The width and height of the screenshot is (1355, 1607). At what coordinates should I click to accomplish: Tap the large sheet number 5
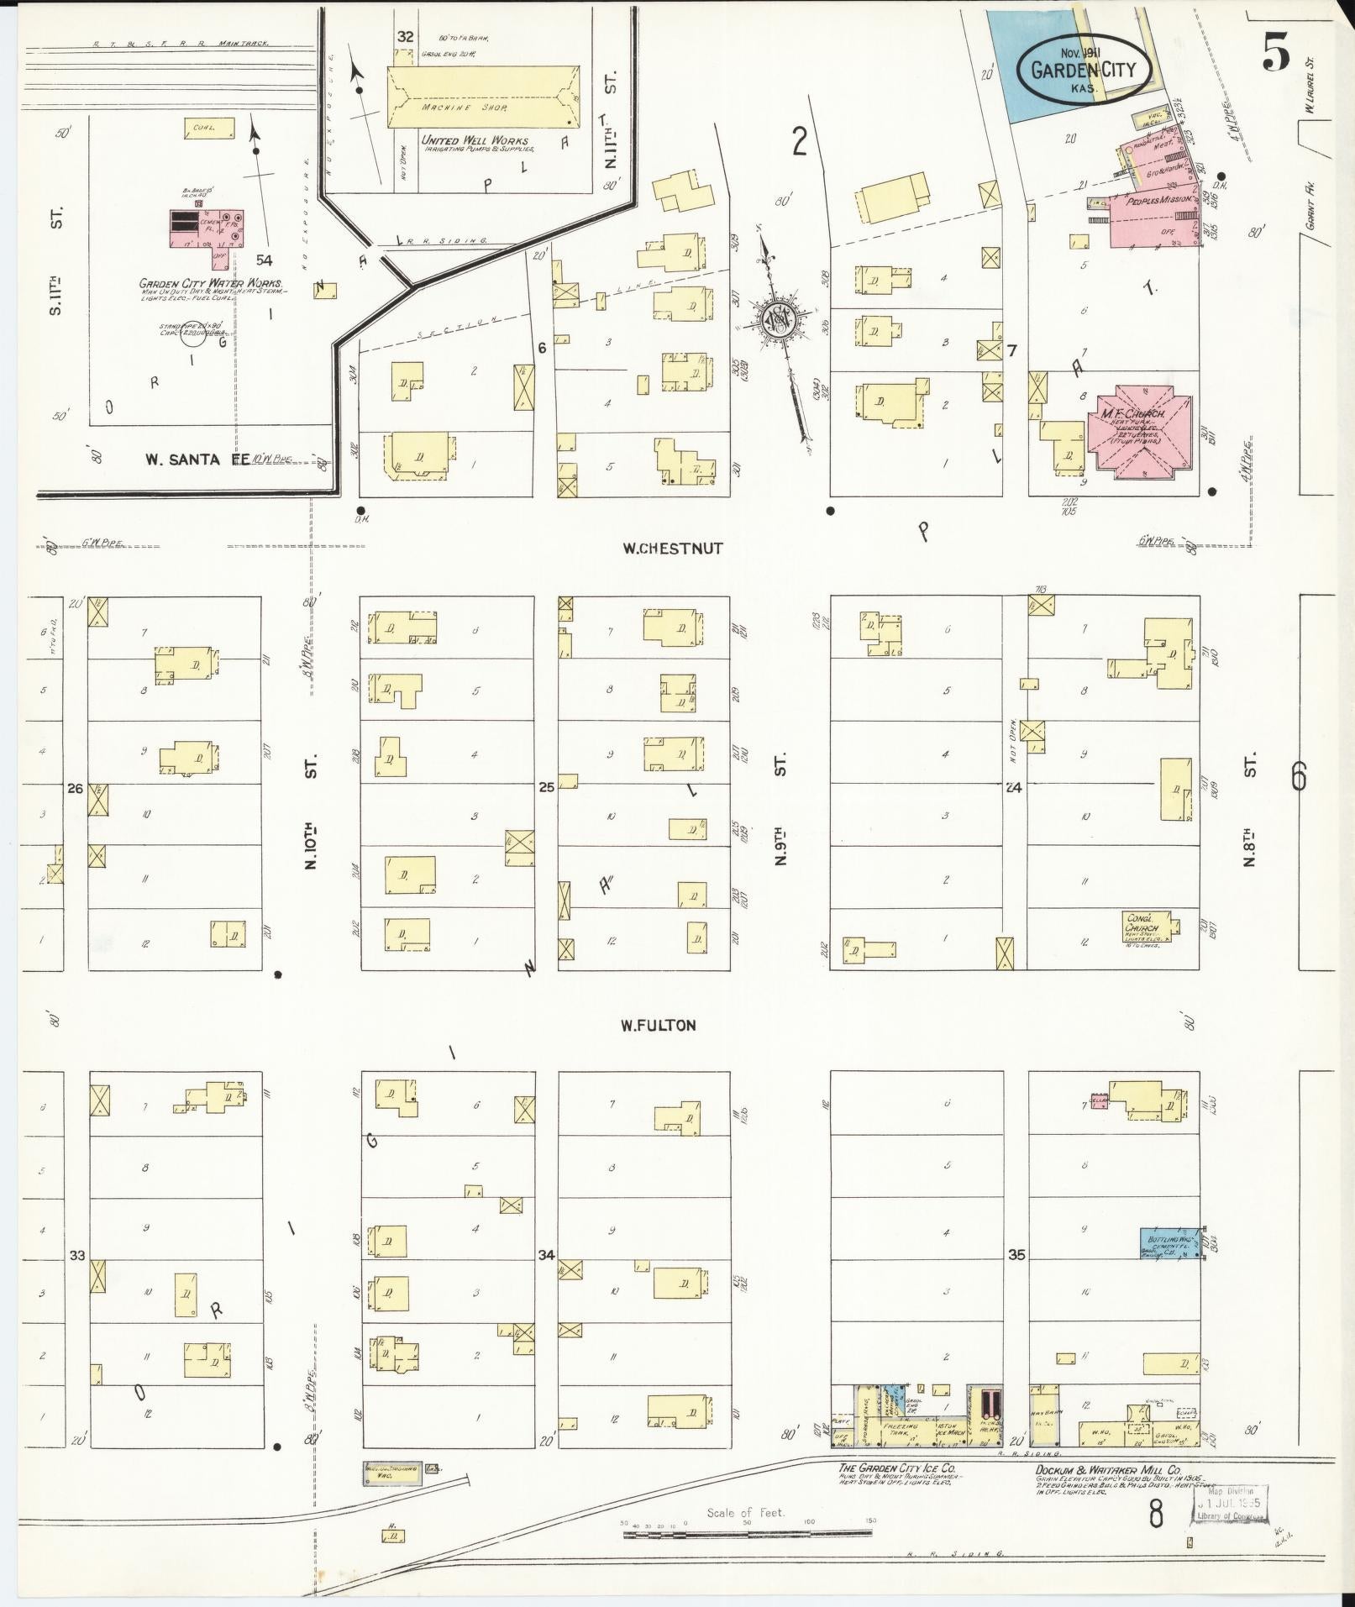(1275, 56)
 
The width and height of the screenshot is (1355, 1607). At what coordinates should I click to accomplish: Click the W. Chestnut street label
(672, 549)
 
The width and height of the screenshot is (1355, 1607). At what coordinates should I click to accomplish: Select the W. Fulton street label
(659, 1025)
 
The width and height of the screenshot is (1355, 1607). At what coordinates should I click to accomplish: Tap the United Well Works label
(475, 140)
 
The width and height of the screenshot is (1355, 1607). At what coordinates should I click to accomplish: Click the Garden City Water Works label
(210, 284)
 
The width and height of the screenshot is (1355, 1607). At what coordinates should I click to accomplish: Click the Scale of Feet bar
(748, 1534)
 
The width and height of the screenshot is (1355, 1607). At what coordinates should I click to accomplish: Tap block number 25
(547, 788)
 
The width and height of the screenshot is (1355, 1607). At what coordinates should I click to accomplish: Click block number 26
(76, 788)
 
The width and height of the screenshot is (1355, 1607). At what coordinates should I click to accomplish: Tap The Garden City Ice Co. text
(895, 1468)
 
